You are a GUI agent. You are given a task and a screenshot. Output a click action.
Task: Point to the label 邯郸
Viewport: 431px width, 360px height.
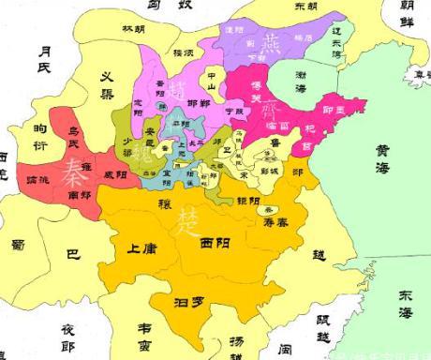pyautogui.click(x=197, y=102)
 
